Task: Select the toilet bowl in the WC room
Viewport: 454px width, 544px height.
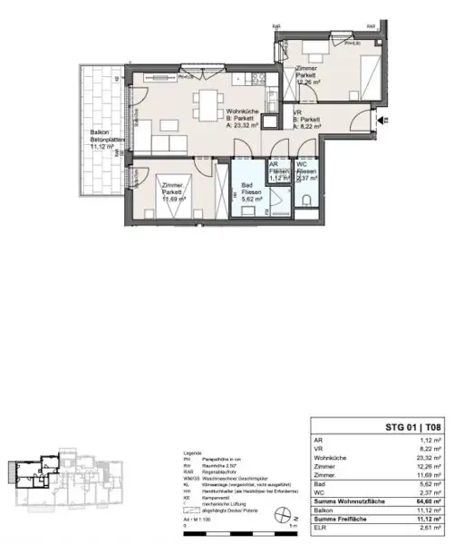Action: click(x=308, y=200)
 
